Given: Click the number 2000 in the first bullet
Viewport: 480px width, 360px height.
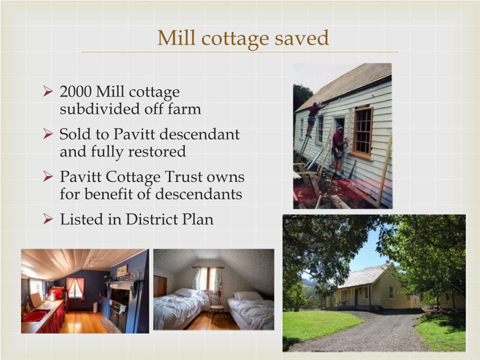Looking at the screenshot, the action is coord(76,92).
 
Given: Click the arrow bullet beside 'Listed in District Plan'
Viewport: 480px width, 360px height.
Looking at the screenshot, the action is coord(48,219).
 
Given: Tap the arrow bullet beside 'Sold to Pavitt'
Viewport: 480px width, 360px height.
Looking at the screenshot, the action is coord(48,134).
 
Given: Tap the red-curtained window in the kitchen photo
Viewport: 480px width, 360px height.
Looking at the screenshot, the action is coord(75,289).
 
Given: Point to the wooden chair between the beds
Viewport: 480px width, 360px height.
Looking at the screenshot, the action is coord(215,306).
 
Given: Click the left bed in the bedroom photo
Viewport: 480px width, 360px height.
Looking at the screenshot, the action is coord(178,309).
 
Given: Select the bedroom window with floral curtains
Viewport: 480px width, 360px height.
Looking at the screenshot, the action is coord(208,279).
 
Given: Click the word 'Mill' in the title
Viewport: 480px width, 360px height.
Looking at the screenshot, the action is coord(176,38).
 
